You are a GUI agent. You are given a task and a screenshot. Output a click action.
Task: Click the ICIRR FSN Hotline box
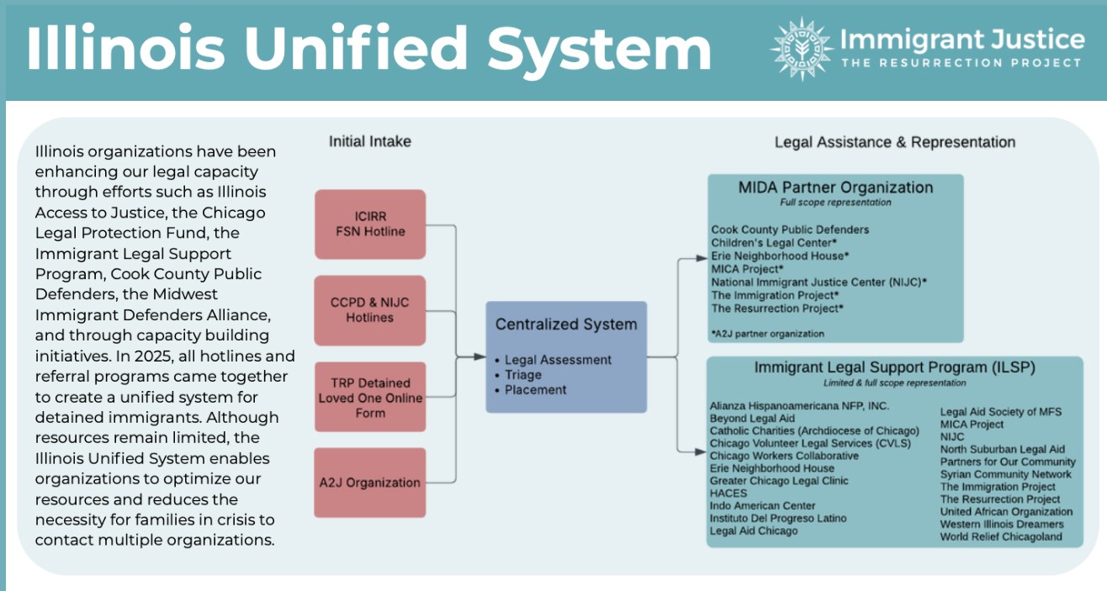[x=370, y=224]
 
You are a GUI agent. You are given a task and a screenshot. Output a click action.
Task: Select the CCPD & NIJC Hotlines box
[x=370, y=310]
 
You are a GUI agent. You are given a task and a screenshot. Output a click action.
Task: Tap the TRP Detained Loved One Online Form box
[x=370, y=398]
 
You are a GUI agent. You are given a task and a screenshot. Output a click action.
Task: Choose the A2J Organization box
[x=370, y=483]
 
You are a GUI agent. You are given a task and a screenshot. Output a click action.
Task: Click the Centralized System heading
[x=566, y=325]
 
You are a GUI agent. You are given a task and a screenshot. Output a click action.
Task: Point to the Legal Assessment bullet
[x=558, y=360]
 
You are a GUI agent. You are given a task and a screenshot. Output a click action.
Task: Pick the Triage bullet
[x=523, y=375]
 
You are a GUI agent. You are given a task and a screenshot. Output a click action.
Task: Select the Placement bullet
[x=536, y=390]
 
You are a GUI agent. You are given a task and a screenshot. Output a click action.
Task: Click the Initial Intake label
[x=370, y=142]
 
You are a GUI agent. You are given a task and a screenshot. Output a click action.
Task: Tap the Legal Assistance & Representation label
[x=894, y=142]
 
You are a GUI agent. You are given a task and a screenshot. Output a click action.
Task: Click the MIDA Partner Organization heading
[x=835, y=187]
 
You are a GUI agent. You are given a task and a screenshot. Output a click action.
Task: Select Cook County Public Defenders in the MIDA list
[x=790, y=230]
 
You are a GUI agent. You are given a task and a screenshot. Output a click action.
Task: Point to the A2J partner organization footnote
[x=768, y=334]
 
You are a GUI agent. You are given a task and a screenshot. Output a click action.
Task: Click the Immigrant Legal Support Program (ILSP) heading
[x=894, y=367]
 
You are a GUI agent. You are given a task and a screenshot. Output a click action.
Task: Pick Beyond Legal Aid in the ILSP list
[x=752, y=418]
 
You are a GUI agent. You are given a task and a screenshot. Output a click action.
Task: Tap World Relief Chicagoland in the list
[x=1001, y=536]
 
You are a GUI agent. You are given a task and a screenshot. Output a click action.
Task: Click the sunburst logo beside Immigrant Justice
[x=801, y=48]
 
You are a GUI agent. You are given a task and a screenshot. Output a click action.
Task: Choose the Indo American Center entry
[x=762, y=506]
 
